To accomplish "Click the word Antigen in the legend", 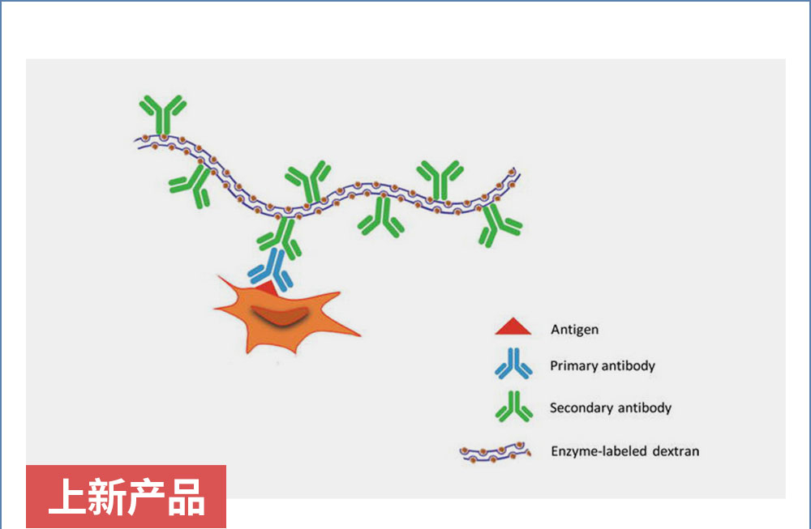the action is point(575,330).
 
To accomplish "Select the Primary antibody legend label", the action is point(603,365).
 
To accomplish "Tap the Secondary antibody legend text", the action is point(611,407).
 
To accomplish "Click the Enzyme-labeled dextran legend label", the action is point(624,451).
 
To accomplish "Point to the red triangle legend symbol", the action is point(513,327).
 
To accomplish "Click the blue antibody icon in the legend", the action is point(513,364).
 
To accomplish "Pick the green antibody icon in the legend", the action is point(513,407).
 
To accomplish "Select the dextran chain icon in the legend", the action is point(495,453).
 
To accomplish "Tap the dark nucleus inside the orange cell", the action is point(280,315).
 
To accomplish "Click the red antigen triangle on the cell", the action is point(268,288).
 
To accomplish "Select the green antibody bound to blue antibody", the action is point(281,238).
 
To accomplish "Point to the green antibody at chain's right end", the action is point(499,225).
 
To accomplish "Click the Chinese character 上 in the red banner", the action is point(67,497).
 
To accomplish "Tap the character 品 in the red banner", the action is point(187,497).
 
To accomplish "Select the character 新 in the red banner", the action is point(106,497).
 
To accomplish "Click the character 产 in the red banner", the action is point(146,497).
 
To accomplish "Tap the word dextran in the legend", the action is point(676,451).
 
